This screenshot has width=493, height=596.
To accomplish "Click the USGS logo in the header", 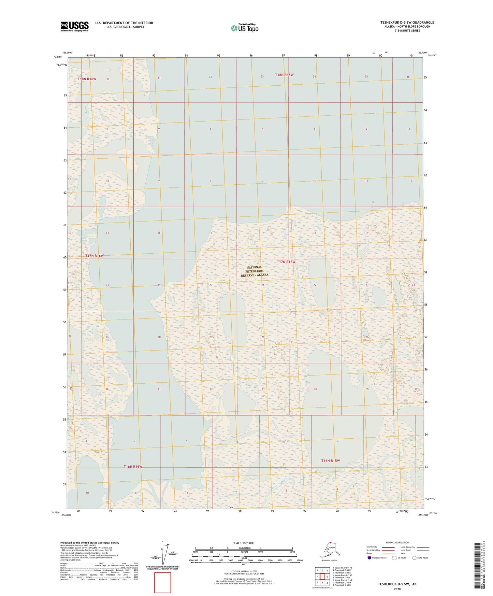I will (75, 26).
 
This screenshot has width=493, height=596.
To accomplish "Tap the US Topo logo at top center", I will (244, 28).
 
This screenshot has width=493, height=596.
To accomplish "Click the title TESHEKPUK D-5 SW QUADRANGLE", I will (407, 23).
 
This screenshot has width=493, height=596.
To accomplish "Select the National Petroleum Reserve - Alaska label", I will (254, 271).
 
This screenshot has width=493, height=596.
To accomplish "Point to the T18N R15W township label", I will (284, 75).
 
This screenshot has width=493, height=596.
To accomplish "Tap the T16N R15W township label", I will (330, 460).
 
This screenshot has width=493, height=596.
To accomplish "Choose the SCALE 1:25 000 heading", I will (243, 543).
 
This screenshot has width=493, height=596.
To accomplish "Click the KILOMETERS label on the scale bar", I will (244, 548).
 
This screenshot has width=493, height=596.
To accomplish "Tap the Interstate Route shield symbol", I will (369, 558).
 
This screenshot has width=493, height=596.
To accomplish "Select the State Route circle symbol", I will (414, 558).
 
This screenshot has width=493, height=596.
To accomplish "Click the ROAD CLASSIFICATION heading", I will (397, 542).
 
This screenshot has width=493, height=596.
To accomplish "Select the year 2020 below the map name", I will (397, 589).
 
